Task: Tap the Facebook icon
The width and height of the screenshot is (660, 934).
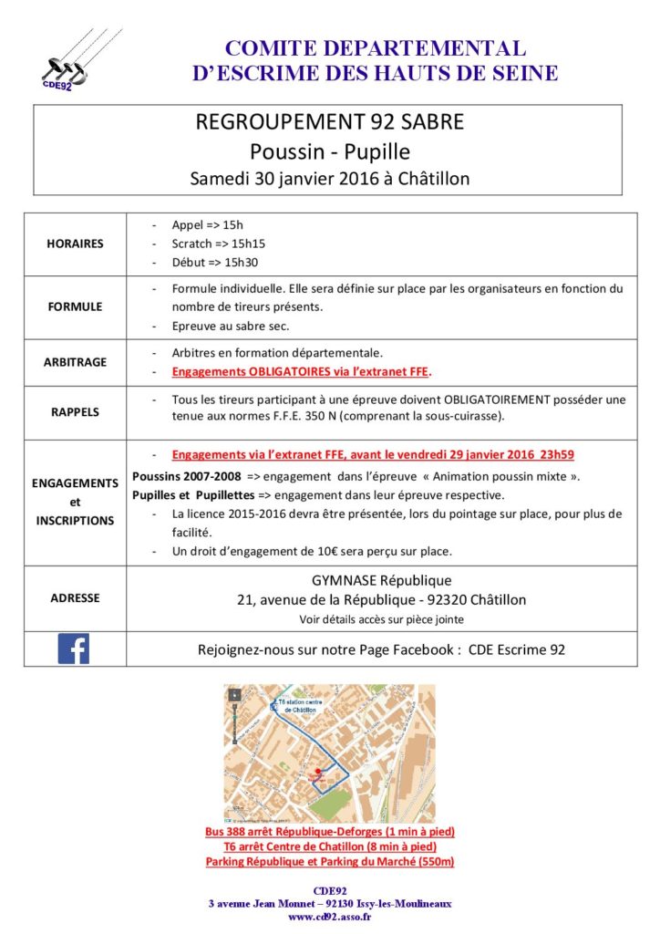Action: pyautogui.click(x=74, y=649)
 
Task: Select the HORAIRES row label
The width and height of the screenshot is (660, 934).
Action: pyautogui.click(x=76, y=244)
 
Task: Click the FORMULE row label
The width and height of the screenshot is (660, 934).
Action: pyautogui.click(x=76, y=306)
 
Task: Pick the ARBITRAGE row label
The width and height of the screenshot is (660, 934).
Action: pyautogui.click(x=76, y=362)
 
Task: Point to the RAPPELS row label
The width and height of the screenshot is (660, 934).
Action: pyautogui.click(x=76, y=411)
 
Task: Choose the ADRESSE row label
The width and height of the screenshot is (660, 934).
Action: pyautogui.click(x=76, y=598)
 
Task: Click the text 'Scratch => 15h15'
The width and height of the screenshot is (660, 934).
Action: pyautogui.click(x=218, y=244)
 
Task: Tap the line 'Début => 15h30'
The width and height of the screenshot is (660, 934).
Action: pyautogui.click(x=214, y=263)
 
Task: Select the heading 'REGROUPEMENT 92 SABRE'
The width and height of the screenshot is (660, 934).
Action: pyautogui.click(x=330, y=122)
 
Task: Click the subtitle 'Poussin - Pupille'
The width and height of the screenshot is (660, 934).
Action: pyautogui.click(x=330, y=150)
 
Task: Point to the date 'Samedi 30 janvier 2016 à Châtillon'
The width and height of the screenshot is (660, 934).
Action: pyautogui.click(x=330, y=179)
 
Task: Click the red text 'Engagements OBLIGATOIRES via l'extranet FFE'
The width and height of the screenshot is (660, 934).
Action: pyautogui.click(x=301, y=372)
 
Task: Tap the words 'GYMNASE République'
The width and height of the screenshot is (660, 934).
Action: pyautogui.click(x=381, y=580)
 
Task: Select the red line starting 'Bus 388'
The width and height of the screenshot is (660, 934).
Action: pyautogui.click(x=330, y=832)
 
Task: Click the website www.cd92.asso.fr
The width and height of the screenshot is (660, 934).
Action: pyautogui.click(x=330, y=917)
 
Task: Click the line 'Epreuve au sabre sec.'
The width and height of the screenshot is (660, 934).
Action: pyautogui.click(x=232, y=326)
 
